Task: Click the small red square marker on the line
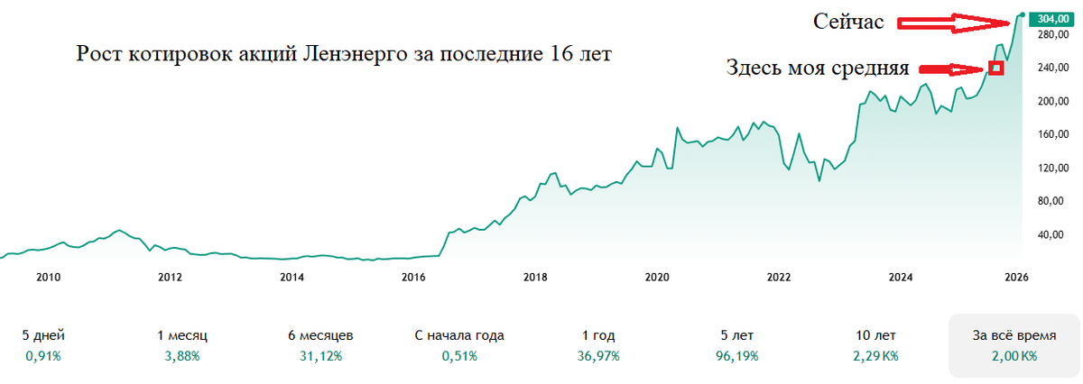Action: (x=995, y=68)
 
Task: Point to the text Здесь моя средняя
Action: (x=818, y=69)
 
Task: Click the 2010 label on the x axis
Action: (x=48, y=276)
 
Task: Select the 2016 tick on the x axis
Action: (x=412, y=276)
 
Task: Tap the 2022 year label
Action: (x=778, y=276)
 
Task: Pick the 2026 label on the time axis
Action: (x=1016, y=276)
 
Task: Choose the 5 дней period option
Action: (x=43, y=335)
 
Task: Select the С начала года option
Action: (x=459, y=335)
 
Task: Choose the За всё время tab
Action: (x=1013, y=335)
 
